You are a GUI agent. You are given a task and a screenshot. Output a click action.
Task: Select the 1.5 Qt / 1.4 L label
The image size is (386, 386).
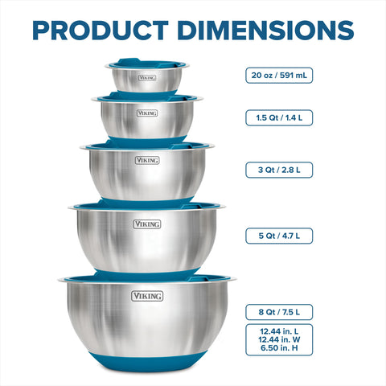pyautogui.click(x=279, y=117)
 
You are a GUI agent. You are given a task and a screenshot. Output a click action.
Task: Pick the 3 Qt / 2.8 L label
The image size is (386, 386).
pyautogui.click(x=279, y=170)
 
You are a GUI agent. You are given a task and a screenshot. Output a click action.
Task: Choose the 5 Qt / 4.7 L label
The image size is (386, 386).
pyautogui.click(x=279, y=236)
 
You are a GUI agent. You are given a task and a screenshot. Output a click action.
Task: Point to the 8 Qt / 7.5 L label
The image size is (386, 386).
pyautogui.click(x=279, y=311)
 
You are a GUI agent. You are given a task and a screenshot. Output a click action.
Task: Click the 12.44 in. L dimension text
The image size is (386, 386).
pyautogui.click(x=279, y=331)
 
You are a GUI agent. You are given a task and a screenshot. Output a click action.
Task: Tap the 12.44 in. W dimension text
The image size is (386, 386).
pyautogui.click(x=279, y=341)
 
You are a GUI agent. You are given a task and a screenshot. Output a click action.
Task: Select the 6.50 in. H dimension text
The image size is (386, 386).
pyautogui.click(x=279, y=351)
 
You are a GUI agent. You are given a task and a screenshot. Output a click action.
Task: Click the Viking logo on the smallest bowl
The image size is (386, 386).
pyautogui.click(x=146, y=78)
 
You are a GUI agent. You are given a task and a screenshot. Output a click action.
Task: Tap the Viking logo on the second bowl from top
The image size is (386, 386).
pyautogui.click(x=146, y=114)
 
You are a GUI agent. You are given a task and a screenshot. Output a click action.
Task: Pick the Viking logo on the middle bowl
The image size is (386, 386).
pyautogui.click(x=146, y=160)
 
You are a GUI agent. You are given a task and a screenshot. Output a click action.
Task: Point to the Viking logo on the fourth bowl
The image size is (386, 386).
pyautogui.click(x=146, y=224)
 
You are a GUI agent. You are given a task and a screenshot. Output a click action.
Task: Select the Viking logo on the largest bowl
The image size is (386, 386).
pyautogui.click(x=146, y=296)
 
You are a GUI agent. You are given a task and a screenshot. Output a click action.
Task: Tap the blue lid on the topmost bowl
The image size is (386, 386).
pyautogui.click(x=146, y=62)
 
